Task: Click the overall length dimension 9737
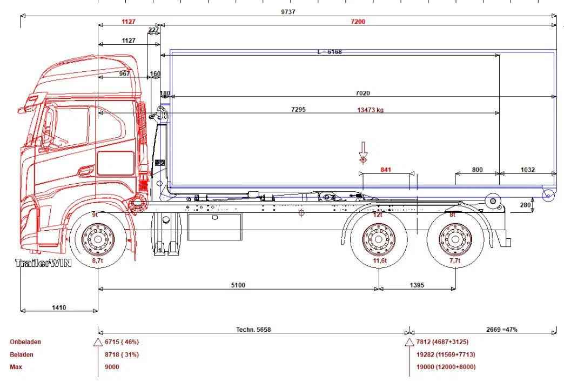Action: (288, 12)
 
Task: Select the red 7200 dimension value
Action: (358, 22)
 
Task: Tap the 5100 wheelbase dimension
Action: (238, 285)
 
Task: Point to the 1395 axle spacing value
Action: (417, 285)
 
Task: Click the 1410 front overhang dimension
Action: (59, 307)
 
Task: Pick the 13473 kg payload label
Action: (370, 110)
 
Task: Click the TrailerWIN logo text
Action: (43, 263)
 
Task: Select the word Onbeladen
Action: (25, 341)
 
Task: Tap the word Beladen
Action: (22, 354)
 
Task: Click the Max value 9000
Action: (112, 367)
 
